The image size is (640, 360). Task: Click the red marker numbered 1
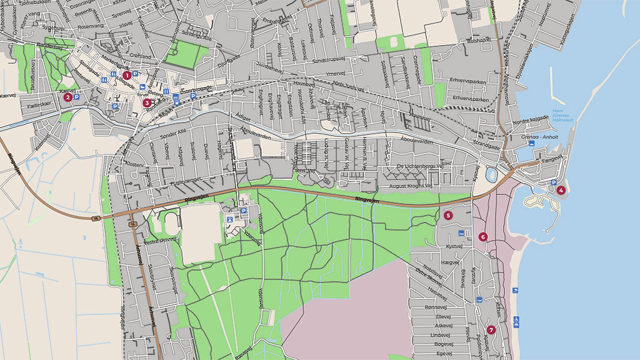tap(127, 75)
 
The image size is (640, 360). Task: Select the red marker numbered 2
tap(67, 97)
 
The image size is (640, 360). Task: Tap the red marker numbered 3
tap(147, 103)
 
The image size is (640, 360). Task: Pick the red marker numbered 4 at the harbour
tap(561, 190)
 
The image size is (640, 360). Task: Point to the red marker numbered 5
tap(448, 215)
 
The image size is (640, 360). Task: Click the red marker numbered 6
tap(482, 237)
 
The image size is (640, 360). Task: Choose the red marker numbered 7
tap(491, 330)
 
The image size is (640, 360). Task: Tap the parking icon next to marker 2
tap(77, 97)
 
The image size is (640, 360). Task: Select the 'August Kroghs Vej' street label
tap(411, 186)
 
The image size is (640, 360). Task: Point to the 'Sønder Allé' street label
tap(173, 134)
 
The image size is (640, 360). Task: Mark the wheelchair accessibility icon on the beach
tap(516, 321)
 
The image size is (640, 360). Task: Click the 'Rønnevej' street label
tap(437, 307)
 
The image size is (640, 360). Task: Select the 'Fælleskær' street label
tap(39, 106)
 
